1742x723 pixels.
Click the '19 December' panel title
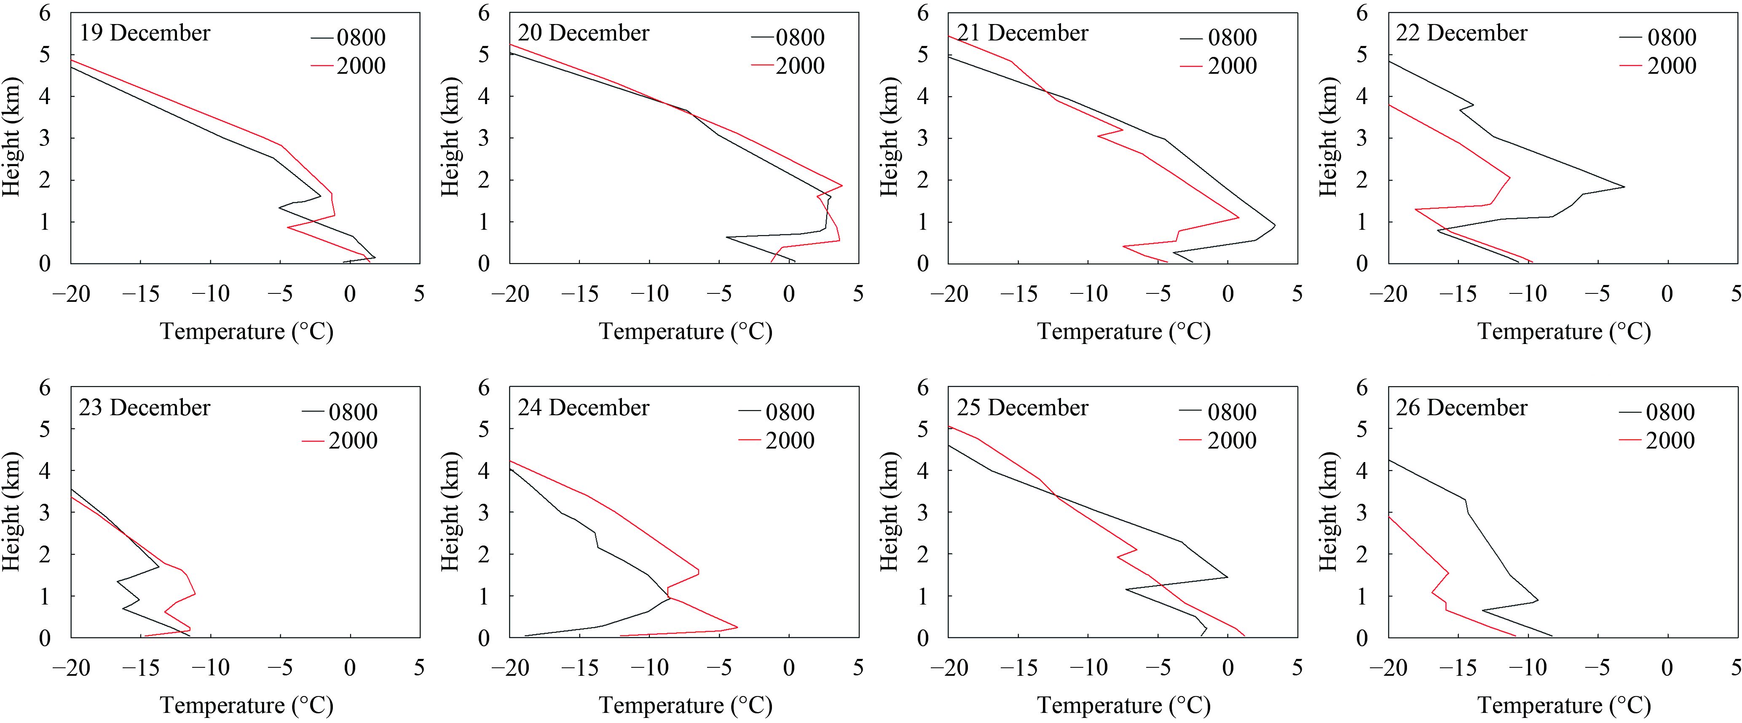145,33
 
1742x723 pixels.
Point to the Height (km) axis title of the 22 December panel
1328,137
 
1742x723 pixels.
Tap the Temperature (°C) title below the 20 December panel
685,331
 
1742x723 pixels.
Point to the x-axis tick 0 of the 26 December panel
1667,668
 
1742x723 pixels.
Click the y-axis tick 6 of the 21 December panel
923,13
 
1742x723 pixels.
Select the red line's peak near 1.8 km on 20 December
842,185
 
